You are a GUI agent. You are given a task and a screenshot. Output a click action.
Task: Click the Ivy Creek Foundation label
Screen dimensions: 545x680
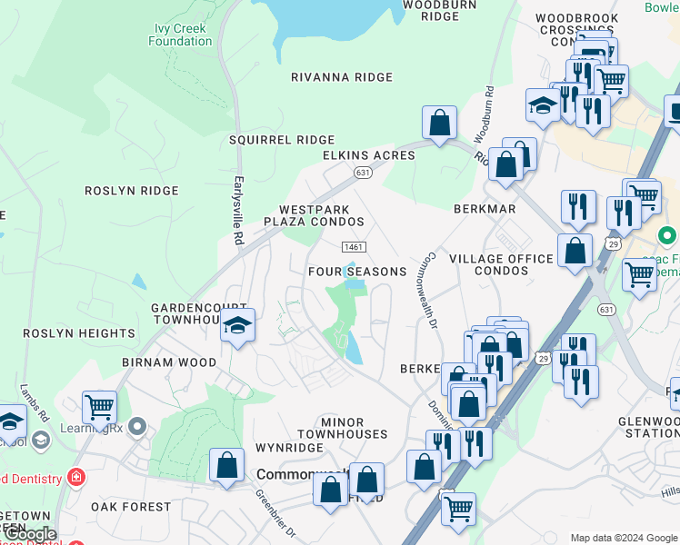point(180,35)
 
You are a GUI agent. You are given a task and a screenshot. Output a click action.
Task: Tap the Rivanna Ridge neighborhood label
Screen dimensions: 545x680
point(341,77)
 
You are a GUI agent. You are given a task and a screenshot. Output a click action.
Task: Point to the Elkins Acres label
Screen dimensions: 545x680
point(368,155)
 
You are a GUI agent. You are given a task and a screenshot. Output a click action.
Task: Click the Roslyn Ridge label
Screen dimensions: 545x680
point(132,191)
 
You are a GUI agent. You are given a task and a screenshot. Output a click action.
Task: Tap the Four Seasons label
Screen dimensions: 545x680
point(356,272)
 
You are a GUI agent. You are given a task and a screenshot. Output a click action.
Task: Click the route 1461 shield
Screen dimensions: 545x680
point(354,247)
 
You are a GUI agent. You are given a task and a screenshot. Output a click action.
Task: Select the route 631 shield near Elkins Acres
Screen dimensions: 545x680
point(363,172)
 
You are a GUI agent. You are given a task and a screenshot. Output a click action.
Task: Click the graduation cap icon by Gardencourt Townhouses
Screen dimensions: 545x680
point(236,326)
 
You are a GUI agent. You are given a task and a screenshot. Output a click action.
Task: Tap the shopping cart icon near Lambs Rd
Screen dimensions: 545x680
point(98,407)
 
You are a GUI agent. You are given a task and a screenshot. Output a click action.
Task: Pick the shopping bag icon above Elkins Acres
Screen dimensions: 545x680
point(439,124)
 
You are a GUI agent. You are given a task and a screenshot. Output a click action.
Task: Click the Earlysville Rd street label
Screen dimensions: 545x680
point(239,210)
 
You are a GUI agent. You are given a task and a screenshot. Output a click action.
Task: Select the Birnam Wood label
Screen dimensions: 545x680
point(169,362)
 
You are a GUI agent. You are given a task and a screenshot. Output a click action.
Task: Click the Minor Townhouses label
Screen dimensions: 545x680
point(355,429)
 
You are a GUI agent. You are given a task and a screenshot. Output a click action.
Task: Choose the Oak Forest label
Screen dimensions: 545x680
point(131,507)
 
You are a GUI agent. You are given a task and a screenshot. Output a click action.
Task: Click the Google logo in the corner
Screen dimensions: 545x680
point(28,534)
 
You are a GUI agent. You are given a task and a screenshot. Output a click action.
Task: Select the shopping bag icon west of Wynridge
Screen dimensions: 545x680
point(226,466)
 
